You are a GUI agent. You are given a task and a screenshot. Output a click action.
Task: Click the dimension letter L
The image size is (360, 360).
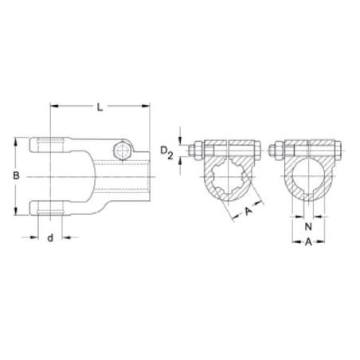[x=100, y=108]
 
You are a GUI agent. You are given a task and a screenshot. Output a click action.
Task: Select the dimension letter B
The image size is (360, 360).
[x=17, y=176]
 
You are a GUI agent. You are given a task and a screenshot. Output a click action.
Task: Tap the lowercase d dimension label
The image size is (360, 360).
[x=50, y=237]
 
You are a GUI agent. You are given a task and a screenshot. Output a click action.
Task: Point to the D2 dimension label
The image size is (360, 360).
[x=166, y=153]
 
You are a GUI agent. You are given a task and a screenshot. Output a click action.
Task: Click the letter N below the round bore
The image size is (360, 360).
[x=308, y=227]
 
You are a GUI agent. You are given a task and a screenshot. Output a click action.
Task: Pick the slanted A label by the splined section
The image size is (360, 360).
[x=248, y=211]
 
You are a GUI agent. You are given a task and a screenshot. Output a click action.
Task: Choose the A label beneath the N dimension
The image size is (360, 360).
[x=308, y=242]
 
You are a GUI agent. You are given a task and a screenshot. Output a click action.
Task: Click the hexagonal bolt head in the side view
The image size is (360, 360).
[x=123, y=151]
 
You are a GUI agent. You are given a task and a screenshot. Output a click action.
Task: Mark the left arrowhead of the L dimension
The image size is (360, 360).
[x=54, y=106]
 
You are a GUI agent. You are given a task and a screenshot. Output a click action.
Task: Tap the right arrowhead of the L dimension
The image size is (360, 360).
[x=146, y=106]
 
